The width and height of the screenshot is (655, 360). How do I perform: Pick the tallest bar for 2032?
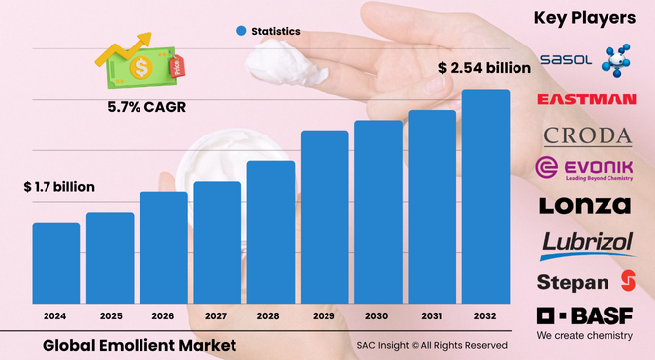(x=486, y=198)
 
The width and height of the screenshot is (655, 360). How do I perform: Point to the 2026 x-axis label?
(x=163, y=316)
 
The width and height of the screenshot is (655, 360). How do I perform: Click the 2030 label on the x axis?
(x=378, y=316)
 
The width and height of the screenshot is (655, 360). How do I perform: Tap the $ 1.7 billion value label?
(x=58, y=187)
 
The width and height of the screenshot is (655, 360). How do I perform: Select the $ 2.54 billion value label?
(x=485, y=68)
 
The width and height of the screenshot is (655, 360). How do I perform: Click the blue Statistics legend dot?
(x=240, y=32)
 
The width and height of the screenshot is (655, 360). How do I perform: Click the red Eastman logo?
(x=586, y=99)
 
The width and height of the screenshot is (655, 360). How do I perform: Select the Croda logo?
(x=587, y=135)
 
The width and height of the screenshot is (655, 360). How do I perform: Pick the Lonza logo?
(x=585, y=206)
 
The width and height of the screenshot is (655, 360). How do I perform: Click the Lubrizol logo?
(x=586, y=243)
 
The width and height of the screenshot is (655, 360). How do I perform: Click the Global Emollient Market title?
(x=140, y=345)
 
